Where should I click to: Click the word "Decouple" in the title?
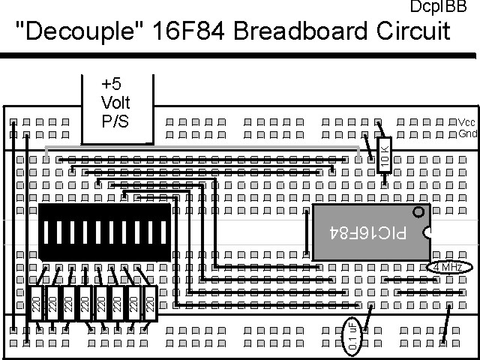pyautogui.click(x=62, y=31)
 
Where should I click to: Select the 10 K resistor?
pyautogui.click(x=385, y=155)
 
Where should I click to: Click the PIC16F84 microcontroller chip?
pyautogui.click(x=370, y=232)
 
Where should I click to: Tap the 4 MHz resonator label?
pyautogui.click(x=448, y=267)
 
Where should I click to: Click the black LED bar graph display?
pyautogui.click(x=103, y=232)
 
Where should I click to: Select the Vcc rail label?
pyautogui.click(x=466, y=122)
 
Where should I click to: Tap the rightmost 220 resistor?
pyautogui.click(x=149, y=304)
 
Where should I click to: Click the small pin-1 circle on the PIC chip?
pyautogui.click(x=418, y=212)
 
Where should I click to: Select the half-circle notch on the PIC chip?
pyautogui.click(x=427, y=232)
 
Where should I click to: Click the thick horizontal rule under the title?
pyautogui.click(x=240, y=55)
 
